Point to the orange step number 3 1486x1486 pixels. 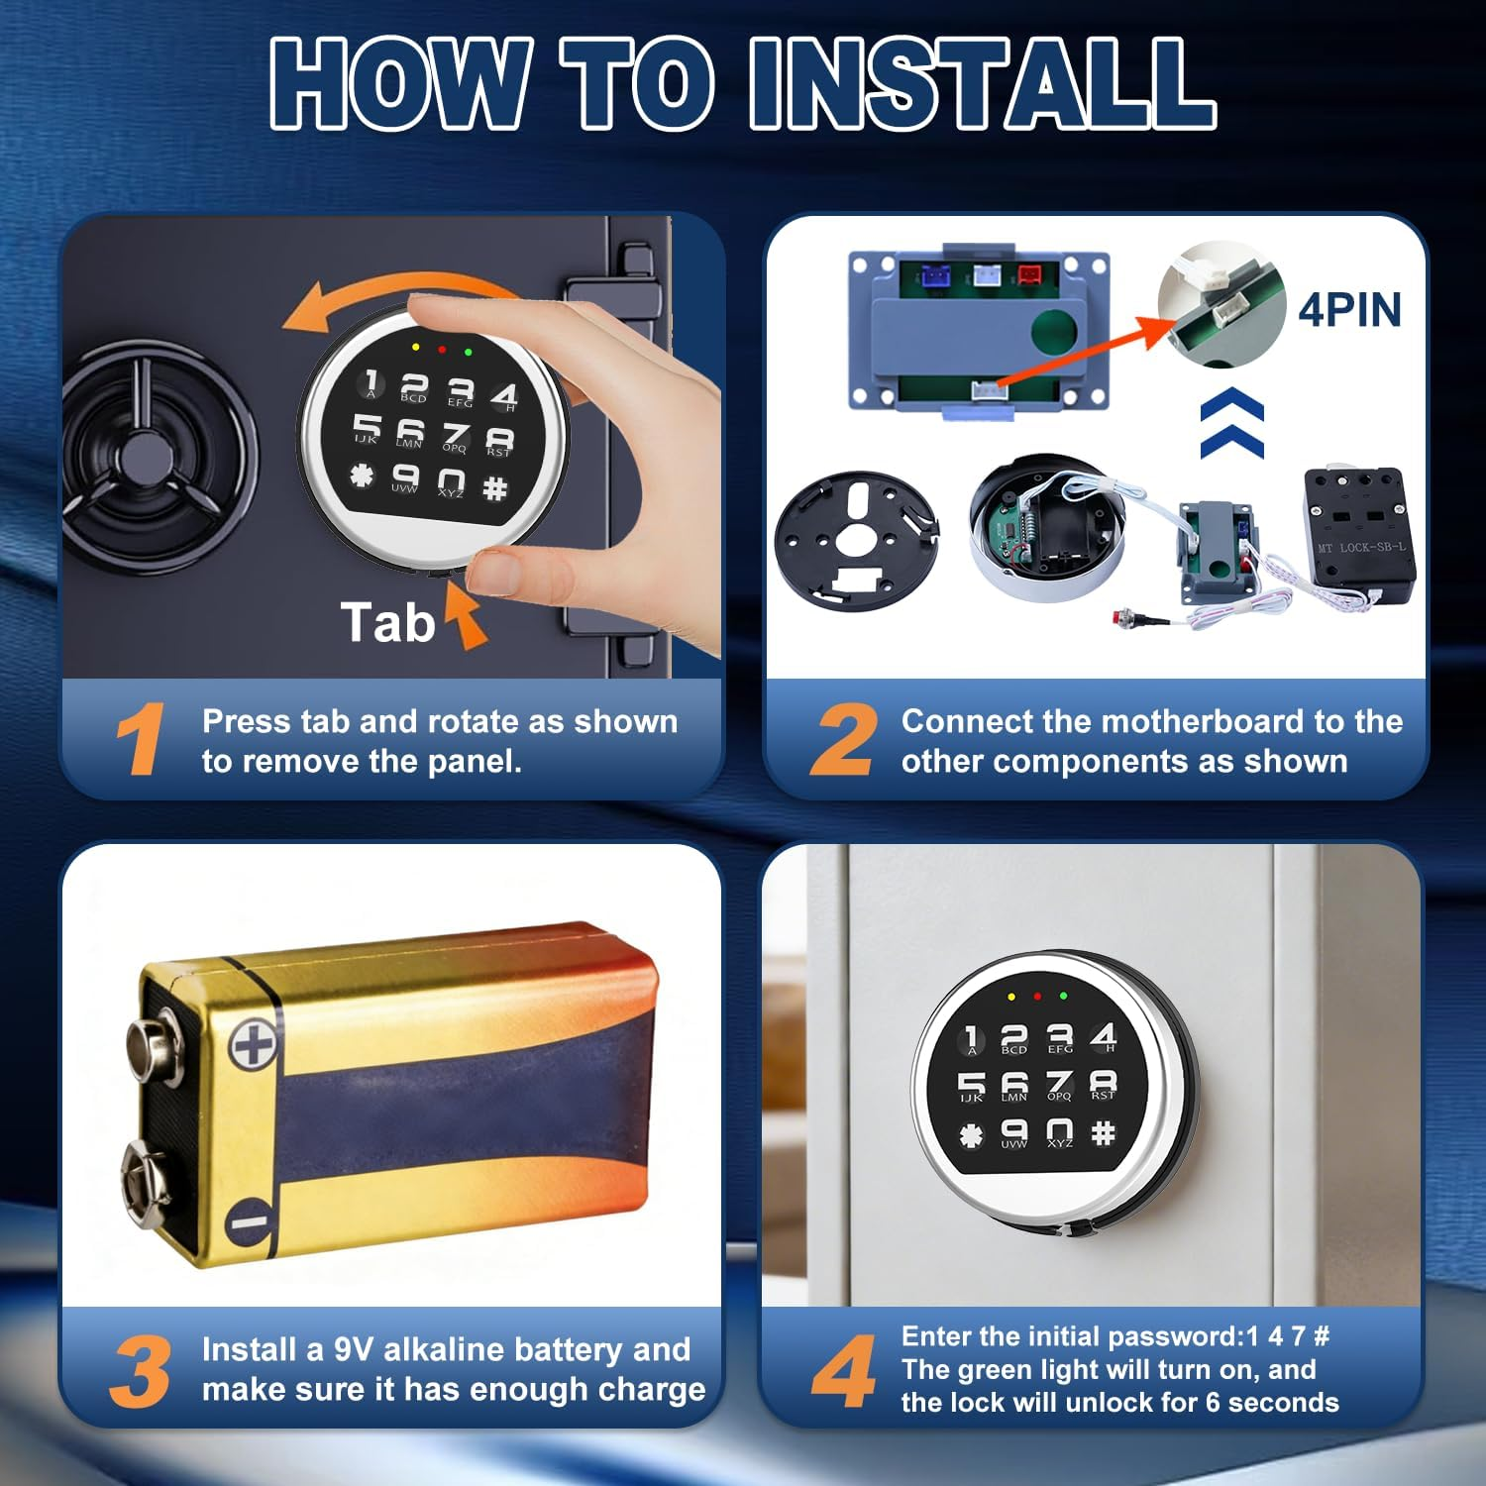click(141, 1371)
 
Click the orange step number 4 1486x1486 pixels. click(843, 1370)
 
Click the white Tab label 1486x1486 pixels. click(388, 623)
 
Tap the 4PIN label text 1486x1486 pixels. click(1350, 310)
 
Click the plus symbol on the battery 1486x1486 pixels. click(253, 1045)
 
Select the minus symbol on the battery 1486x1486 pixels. click(249, 1221)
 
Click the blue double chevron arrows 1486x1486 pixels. click(1231, 423)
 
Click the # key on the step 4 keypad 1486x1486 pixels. click(1103, 1132)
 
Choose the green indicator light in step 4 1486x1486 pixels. click(1063, 996)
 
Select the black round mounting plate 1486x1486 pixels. click(857, 541)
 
